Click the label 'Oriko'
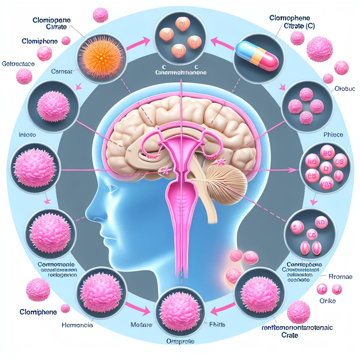click(327, 301)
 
